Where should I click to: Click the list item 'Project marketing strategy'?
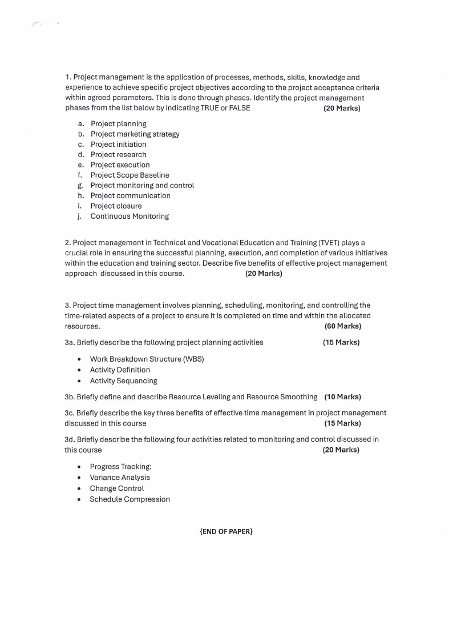pyautogui.click(x=135, y=134)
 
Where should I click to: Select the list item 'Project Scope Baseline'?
pyautogui.click(x=130, y=175)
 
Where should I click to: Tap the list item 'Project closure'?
pyautogui.click(x=116, y=206)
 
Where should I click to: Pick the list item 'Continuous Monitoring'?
pyautogui.click(x=130, y=217)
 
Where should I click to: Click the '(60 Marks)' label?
pyautogui.click(x=342, y=326)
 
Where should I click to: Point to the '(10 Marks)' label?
pyautogui.click(x=342, y=396)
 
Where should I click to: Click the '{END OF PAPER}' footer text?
pyautogui.click(x=226, y=532)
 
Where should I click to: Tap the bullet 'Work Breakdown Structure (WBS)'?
pyautogui.click(x=147, y=359)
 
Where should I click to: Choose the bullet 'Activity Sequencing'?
pyautogui.click(x=123, y=380)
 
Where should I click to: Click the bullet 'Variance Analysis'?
pyautogui.click(x=120, y=478)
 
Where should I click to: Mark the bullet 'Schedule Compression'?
pyautogui.click(x=130, y=499)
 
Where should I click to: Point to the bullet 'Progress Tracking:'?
pyautogui.click(x=120, y=467)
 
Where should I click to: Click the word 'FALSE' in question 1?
pyautogui.click(x=240, y=108)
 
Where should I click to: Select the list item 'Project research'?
pyautogui.click(x=118, y=155)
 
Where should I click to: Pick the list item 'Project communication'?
pyautogui.click(x=130, y=196)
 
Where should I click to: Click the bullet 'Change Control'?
pyautogui.click(x=116, y=488)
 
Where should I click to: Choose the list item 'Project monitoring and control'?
pyautogui.click(x=142, y=186)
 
